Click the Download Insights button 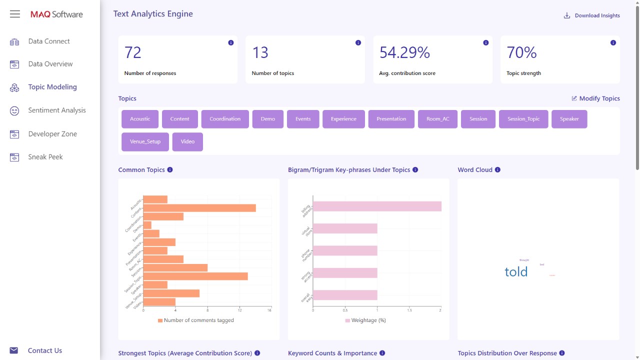click(592, 15)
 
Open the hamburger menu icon click(15, 14)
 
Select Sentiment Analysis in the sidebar click(56, 110)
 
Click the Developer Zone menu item click(52, 134)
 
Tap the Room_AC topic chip click(437, 119)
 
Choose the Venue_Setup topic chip click(145, 141)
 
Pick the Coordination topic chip click(225, 119)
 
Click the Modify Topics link click(595, 98)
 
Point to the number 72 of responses click(133, 52)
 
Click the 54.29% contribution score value click(404, 52)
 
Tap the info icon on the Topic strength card click(613, 43)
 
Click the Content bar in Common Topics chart click(199, 208)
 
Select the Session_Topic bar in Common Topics click(195, 276)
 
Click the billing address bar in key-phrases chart click(377, 206)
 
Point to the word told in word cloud click(516, 272)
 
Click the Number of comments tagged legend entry click(195, 320)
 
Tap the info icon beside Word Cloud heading click(497, 170)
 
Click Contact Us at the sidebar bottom click(44, 350)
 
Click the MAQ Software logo click(56, 14)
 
